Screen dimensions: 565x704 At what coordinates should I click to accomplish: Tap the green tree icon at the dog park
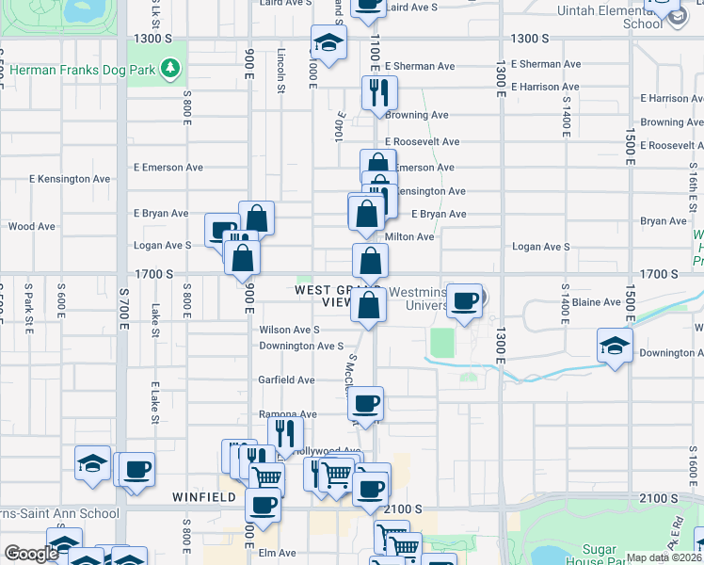(x=170, y=68)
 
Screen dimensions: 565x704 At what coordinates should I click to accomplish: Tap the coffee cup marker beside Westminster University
(x=465, y=301)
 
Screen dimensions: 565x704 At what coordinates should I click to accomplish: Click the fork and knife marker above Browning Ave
(x=379, y=93)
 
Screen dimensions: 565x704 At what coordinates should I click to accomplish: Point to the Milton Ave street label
(x=409, y=237)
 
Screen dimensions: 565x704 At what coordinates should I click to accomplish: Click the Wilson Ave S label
(x=290, y=330)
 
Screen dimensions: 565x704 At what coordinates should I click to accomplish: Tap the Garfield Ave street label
(x=287, y=380)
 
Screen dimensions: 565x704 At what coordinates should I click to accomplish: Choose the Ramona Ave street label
(x=288, y=414)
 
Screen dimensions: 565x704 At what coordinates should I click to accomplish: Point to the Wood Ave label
(x=31, y=227)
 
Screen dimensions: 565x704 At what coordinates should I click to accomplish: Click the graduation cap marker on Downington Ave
(x=615, y=345)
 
